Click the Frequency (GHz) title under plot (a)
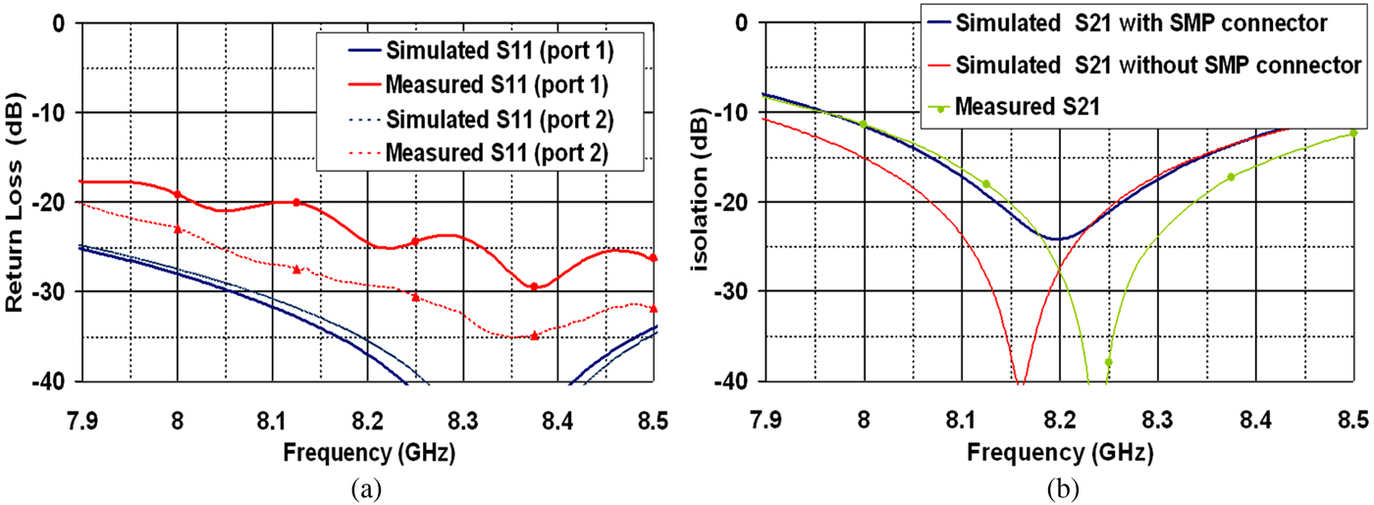367,454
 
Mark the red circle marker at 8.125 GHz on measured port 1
296,202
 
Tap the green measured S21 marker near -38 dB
1109,362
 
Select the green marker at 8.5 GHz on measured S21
1353,133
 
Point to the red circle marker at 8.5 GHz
654,258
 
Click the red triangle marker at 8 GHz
178,228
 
